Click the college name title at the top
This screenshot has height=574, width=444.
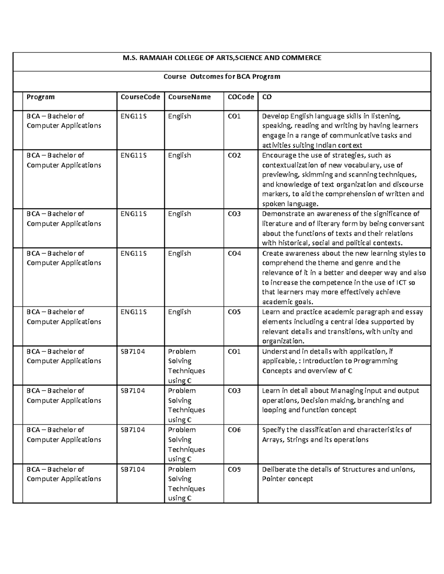point(222,58)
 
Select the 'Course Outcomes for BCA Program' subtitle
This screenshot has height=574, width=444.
point(222,77)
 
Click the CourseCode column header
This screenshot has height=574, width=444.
point(140,97)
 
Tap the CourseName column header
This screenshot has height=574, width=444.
point(189,97)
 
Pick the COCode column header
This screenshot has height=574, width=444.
point(240,97)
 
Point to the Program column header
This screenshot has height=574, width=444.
point(40,97)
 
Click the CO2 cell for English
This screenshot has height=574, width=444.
point(234,155)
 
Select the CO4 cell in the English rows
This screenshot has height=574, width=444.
point(234,253)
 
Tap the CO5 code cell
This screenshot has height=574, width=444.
point(234,312)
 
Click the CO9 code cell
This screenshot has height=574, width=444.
point(234,469)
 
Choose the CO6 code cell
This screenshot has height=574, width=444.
point(234,430)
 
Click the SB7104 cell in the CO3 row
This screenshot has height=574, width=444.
point(133,391)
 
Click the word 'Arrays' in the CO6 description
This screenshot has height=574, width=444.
point(273,440)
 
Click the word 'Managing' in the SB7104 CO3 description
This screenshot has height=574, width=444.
point(347,391)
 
